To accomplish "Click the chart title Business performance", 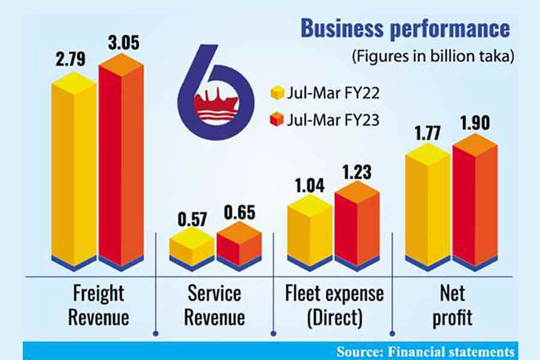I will [x=405, y=28].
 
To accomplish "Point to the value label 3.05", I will [x=122, y=44].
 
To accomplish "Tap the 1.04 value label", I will [x=309, y=184].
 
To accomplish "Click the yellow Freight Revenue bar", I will [x=73, y=174].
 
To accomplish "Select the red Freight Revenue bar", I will [x=121, y=165].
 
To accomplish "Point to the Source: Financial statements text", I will [x=425, y=351].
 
